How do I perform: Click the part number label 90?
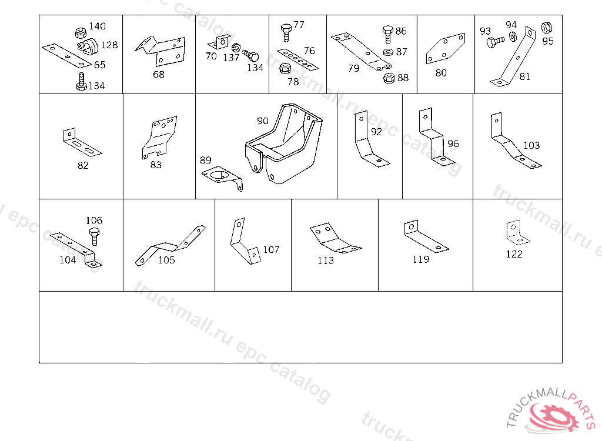262,121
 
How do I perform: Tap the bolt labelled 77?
286,31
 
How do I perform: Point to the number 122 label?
514,254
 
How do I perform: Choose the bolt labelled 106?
94,237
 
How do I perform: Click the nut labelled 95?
545,27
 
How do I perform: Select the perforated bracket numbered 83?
158,136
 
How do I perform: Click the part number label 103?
531,145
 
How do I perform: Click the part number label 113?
325,260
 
